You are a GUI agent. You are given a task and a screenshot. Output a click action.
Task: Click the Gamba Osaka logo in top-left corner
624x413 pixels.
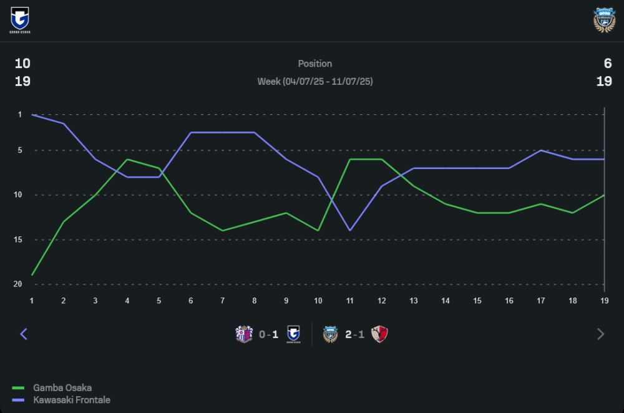click(20, 19)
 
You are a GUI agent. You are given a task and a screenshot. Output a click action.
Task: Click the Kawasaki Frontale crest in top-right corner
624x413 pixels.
click(604, 20)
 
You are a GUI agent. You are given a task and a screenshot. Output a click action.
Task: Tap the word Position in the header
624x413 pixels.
click(315, 64)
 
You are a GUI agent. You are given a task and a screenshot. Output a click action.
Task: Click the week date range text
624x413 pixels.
click(315, 82)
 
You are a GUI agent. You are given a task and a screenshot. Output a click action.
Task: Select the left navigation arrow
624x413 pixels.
click(24, 334)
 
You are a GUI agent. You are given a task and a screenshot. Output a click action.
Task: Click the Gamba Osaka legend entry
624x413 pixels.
click(62, 387)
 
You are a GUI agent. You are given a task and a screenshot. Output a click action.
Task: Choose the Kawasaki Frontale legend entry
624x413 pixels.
click(71, 399)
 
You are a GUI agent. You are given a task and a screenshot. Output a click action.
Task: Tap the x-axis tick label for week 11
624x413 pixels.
click(350, 301)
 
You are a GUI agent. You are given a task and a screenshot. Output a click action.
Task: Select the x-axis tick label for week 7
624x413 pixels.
click(222, 301)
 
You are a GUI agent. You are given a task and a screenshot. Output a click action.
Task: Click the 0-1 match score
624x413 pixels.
click(269, 334)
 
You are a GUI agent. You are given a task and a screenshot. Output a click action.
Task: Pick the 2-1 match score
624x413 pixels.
click(355, 334)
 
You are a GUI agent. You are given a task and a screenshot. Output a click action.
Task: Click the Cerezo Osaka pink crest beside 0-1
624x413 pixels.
click(244, 334)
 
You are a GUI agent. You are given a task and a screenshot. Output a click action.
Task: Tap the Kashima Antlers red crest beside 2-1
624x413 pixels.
click(379, 334)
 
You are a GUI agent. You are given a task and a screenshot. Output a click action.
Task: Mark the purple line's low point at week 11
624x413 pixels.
click(350, 230)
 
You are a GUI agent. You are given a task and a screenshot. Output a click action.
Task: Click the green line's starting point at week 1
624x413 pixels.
click(32, 275)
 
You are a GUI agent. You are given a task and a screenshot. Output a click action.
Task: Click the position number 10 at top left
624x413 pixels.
click(22, 64)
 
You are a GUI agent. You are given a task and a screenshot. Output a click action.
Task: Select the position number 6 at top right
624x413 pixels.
click(607, 64)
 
